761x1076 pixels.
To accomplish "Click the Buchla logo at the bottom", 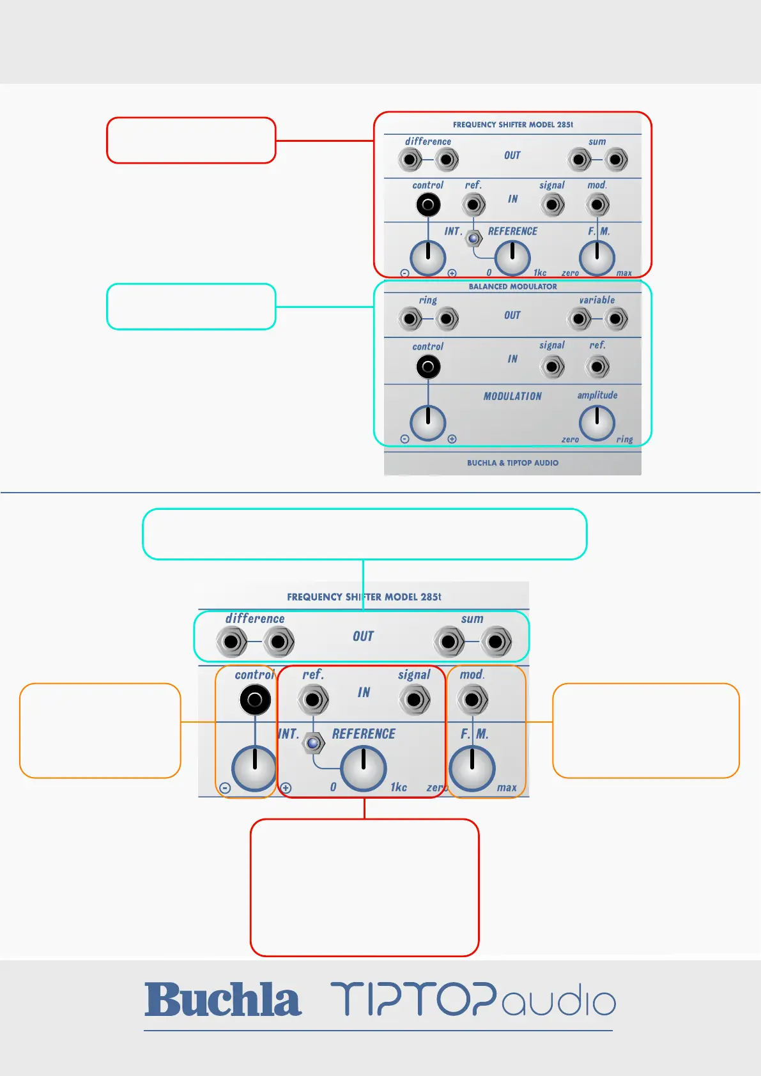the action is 222,1000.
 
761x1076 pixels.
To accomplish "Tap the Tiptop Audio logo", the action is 473,1000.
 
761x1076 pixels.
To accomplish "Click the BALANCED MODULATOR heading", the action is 512,287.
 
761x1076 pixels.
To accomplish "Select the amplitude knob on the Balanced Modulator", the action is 597,422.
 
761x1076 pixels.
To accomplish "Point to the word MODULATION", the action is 512,396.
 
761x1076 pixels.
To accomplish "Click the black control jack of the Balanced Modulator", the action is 428,367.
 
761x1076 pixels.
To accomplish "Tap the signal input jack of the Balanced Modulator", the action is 552,367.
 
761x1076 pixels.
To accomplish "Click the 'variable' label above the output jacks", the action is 597,300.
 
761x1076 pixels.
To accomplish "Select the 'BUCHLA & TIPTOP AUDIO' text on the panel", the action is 512,463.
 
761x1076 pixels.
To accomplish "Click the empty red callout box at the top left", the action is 191,140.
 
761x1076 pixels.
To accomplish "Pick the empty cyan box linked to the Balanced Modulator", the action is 191,307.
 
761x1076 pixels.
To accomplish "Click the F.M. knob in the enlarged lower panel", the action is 472,768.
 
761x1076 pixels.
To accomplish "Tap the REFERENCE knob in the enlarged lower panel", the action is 364,768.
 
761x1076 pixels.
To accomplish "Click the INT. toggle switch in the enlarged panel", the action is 313,744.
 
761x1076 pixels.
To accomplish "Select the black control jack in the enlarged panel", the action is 255,700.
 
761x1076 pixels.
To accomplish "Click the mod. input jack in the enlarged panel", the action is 472,700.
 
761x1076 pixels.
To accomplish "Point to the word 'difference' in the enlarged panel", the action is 255,619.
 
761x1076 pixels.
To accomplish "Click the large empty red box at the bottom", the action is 364,888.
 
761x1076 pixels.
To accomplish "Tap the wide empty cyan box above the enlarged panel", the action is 364,534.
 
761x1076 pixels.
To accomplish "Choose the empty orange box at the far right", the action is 645,730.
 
